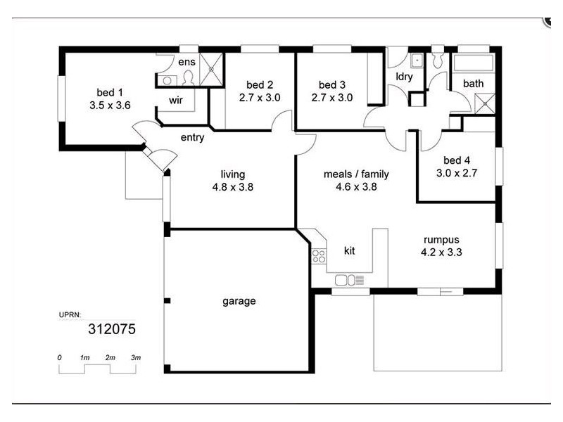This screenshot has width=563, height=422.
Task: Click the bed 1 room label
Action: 110,92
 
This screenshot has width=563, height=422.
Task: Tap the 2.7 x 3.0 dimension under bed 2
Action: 260,98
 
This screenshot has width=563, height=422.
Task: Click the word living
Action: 233,174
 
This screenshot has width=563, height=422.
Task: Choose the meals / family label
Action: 356,174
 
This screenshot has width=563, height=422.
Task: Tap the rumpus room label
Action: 441,239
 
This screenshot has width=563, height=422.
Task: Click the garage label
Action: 239,301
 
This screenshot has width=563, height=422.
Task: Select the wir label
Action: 176,100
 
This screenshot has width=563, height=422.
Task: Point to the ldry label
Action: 404,77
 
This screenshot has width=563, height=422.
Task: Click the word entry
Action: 192,137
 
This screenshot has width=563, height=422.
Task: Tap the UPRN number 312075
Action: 111,328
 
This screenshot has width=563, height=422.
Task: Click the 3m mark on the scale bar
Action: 136,358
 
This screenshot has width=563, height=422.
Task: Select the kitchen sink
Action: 349,281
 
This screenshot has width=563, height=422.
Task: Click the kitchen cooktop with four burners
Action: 319,256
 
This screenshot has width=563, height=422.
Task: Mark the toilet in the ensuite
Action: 187,76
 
